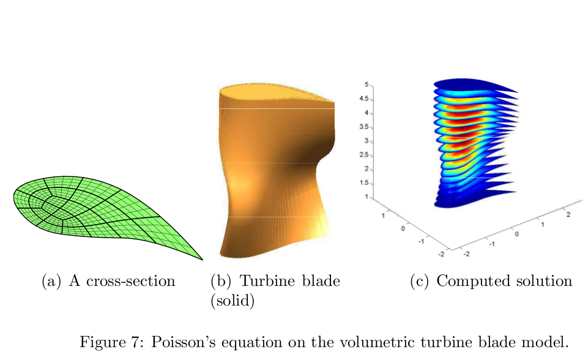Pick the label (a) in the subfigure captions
(51, 281)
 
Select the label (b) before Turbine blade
(221, 281)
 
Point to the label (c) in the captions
(420, 281)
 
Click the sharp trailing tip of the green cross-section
(202, 260)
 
